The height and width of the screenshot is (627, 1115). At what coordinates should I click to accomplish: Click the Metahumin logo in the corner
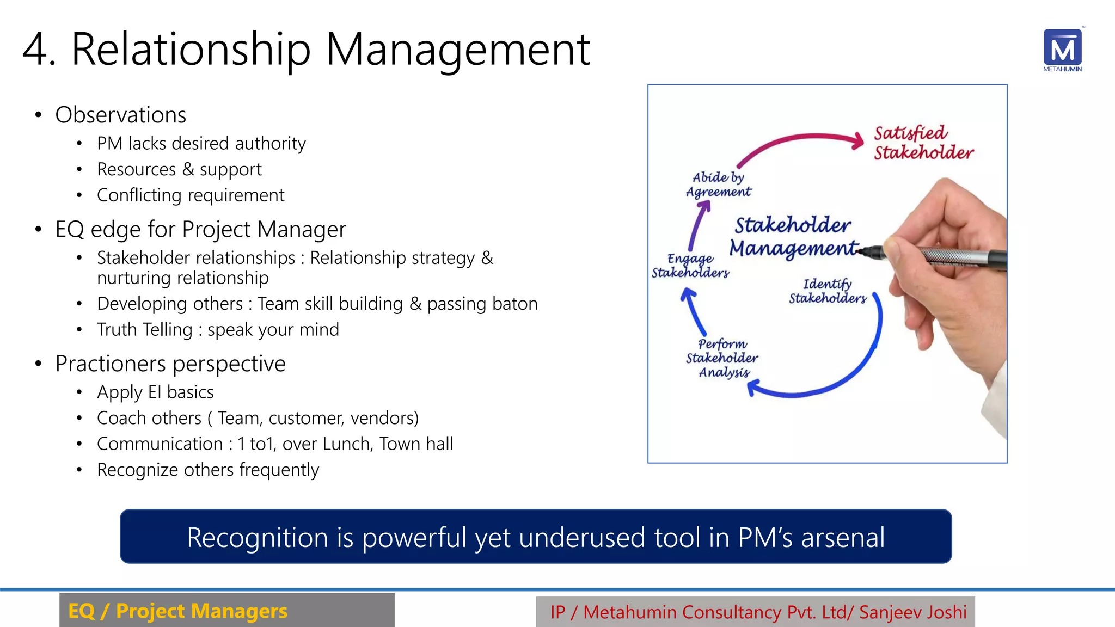[x=1062, y=50]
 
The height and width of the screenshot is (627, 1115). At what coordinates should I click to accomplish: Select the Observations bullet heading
[x=121, y=115]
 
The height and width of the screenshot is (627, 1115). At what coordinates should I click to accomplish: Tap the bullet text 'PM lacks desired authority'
[x=201, y=144]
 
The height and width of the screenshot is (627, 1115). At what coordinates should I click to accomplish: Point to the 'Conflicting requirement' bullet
[x=191, y=195]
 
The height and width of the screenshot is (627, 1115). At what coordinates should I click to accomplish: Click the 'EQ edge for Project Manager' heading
[x=200, y=230]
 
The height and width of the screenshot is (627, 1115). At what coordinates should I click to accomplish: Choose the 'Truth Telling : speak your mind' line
[x=218, y=330]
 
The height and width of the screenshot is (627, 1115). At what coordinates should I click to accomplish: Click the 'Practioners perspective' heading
[x=170, y=364]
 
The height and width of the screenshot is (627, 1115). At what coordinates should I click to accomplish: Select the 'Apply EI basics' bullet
[x=155, y=392]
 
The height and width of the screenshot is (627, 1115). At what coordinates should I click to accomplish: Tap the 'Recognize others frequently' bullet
[x=208, y=470]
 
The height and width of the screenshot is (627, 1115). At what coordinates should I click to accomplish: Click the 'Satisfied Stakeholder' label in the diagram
[x=923, y=143]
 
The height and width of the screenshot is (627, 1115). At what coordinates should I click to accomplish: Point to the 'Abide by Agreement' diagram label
[x=718, y=185]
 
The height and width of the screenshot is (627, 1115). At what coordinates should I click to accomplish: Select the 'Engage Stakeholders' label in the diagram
[x=690, y=266]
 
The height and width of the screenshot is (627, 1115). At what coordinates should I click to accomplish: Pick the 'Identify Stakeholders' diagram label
[x=828, y=291]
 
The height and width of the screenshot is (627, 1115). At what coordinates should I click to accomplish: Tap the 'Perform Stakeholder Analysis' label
[x=722, y=358]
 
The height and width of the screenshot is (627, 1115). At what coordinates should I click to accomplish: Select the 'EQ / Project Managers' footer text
[x=177, y=611]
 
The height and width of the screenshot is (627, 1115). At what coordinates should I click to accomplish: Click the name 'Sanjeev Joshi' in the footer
[x=913, y=612]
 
